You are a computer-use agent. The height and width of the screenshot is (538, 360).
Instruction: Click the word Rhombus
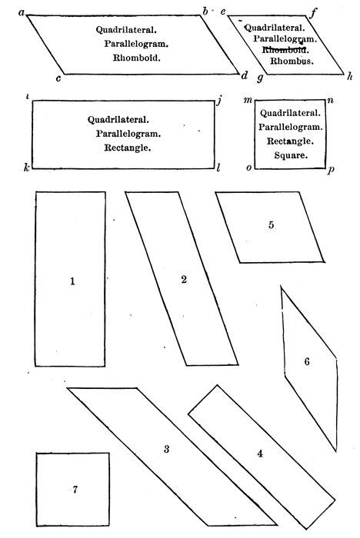(292, 61)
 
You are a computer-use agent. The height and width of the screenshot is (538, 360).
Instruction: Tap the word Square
(290, 155)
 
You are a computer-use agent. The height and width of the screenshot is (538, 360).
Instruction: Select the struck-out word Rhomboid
(286, 50)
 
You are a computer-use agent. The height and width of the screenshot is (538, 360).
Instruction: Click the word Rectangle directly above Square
(290, 141)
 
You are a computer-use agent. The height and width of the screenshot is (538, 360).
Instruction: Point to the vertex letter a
(22, 13)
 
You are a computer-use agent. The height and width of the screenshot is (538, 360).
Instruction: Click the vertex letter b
(205, 12)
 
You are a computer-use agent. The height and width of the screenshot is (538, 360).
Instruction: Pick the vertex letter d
(245, 75)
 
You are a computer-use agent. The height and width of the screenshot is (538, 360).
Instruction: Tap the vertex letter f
(313, 14)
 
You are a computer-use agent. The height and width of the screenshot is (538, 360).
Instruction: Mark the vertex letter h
(350, 76)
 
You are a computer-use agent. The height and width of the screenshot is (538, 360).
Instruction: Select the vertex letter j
(219, 101)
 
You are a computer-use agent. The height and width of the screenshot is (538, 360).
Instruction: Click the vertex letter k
(26, 168)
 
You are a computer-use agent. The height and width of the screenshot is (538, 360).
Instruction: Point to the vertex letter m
(248, 100)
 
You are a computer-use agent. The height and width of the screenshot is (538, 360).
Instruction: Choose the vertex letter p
(331, 170)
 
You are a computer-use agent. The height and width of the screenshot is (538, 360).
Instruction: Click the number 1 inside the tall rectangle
(72, 281)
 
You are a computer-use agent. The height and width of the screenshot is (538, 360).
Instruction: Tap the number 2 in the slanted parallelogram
(184, 280)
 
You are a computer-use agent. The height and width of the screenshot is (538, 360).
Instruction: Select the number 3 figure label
(167, 449)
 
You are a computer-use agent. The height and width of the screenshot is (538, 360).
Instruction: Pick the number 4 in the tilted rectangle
(260, 454)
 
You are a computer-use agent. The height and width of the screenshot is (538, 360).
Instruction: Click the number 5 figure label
(271, 225)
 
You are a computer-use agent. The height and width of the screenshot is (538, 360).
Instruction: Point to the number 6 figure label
(307, 361)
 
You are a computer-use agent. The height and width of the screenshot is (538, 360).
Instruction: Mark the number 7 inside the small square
(75, 490)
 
